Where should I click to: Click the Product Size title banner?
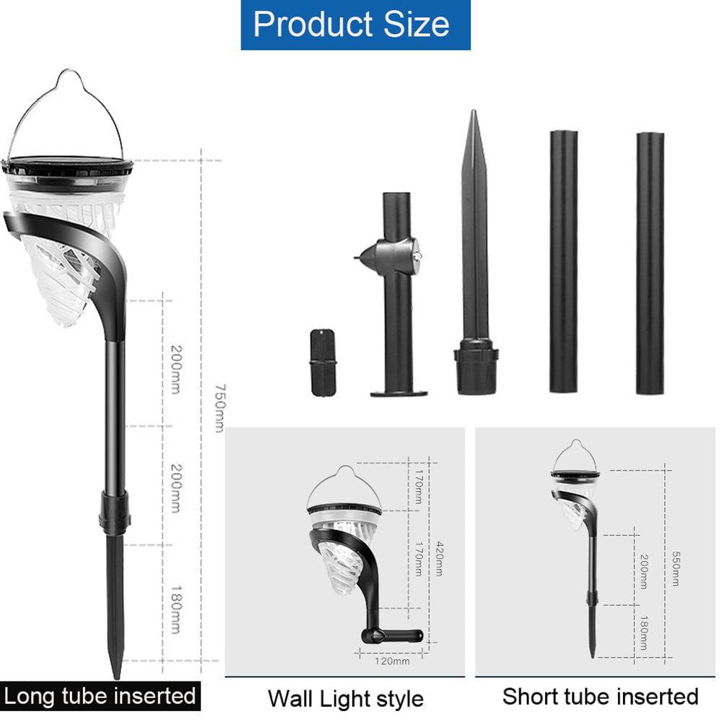pyautogui.click(x=355, y=25)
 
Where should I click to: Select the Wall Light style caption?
pyautogui.click(x=345, y=699)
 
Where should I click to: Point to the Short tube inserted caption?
pyautogui.click(x=600, y=697)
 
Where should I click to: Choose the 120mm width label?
pyautogui.click(x=392, y=661)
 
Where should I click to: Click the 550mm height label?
pyautogui.click(x=674, y=564)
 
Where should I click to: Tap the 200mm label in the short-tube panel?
pyautogui.click(x=643, y=570)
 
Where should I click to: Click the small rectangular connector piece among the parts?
pyautogui.click(x=323, y=362)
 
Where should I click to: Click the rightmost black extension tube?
pyautogui.click(x=650, y=264)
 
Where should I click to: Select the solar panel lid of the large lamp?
pyautogui.click(x=69, y=165)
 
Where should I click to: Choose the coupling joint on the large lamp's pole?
pyautogui.click(x=115, y=513)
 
